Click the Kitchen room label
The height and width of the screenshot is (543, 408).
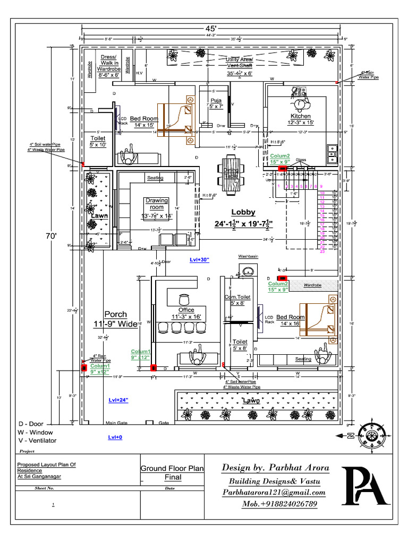[x=300, y=116]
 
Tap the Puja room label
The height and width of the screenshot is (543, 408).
[x=216, y=100]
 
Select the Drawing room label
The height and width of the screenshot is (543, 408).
[x=157, y=204]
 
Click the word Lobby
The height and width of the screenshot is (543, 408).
[x=243, y=212]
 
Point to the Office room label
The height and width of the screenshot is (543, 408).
[x=186, y=310]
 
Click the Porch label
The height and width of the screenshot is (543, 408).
[x=116, y=314]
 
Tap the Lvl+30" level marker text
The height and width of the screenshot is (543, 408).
[x=200, y=259]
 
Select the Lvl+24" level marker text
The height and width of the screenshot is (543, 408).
[x=118, y=399]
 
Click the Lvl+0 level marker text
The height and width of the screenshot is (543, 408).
[x=115, y=437]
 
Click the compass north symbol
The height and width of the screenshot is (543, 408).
[x=371, y=435]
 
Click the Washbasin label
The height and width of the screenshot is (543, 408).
[x=248, y=256]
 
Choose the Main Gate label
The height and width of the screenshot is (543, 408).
[x=118, y=423]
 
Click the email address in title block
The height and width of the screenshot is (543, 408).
[x=274, y=493]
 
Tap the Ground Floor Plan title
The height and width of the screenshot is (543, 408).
[x=172, y=468]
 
